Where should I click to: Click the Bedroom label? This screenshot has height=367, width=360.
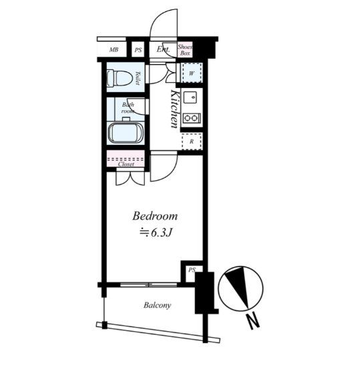coord(155,216)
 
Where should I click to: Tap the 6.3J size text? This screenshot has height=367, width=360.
coord(162,232)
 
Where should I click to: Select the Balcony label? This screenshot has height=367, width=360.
coord(157,305)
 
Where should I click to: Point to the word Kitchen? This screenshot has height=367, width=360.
coord(175,109)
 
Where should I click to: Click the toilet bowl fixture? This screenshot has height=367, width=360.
coord(119,77)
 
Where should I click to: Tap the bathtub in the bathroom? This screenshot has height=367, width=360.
coord(126,133)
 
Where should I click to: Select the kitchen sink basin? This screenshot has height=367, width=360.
coord(190,97)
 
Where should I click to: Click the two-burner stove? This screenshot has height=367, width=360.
coord(192,118)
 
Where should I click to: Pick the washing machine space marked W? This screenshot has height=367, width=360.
coord(192,73)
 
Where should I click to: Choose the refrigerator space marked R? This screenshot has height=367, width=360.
coord(192,141)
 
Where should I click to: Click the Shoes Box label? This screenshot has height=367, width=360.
coord(185,50)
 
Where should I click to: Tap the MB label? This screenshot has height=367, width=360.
coord(114,49)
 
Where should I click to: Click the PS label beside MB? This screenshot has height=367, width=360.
coord(138,50)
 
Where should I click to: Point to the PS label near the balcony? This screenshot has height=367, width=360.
coord(192,270)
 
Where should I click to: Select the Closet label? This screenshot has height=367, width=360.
coord(126,164)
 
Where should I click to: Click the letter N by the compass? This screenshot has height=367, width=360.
coord(252,322)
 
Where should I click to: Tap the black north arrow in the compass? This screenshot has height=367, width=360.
coord(239,285)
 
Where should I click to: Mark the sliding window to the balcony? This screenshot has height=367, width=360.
coord(149,285)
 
